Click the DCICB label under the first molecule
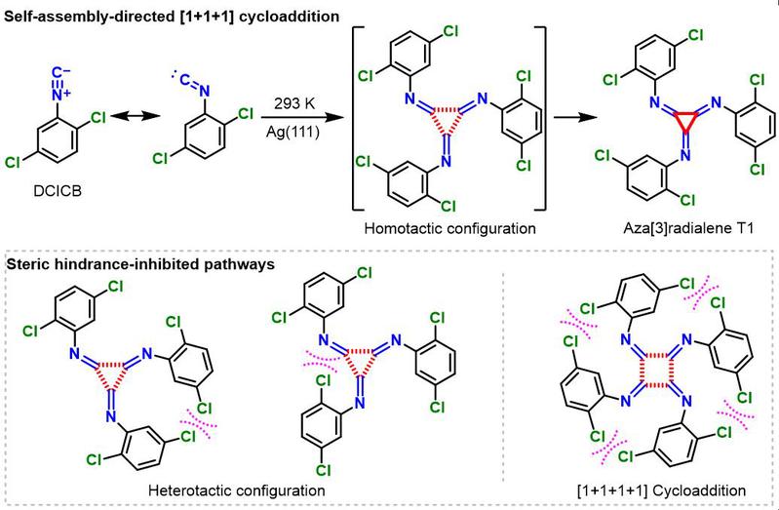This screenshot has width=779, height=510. coord(58,190)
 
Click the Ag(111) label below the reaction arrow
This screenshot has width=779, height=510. coord(293,133)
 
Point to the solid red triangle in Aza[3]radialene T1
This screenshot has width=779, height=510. coord(685,121)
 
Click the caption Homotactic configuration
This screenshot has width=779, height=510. coord(449,228)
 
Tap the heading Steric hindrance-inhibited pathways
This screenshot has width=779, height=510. coord(140,264)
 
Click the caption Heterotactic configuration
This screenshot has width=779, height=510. coord(237,490)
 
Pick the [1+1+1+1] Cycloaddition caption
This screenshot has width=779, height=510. coord(661,490)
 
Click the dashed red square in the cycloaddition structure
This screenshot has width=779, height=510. coord(658,369)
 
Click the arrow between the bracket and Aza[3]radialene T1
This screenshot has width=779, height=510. coord(575,118)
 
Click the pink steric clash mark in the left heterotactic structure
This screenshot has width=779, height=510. coord(198,423)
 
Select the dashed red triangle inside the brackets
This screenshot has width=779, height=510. coord(447,121)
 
